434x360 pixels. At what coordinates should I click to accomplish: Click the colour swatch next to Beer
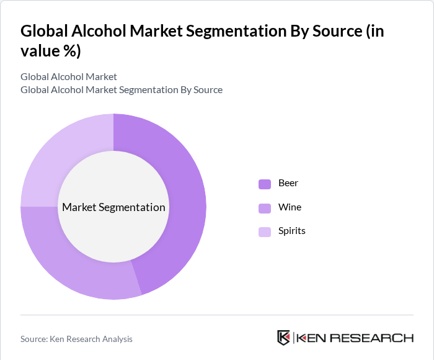tap(265, 184)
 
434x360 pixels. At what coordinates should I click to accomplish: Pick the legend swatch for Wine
tap(265, 208)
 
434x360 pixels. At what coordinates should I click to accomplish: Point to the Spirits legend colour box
tap(265, 232)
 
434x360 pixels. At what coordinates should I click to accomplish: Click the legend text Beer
tap(288, 183)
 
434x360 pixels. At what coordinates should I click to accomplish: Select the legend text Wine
tap(290, 207)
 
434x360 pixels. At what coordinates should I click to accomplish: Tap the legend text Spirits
tap(292, 231)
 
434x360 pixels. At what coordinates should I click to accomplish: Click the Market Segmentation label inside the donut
tap(113, 207)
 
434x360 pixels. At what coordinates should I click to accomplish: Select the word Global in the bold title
tap(43, 32)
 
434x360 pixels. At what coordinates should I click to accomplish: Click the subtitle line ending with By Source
tap(122, 90)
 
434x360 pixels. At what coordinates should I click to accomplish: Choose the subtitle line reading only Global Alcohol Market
tap(69, 77)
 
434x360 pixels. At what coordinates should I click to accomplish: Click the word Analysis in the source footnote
tap(115, 339)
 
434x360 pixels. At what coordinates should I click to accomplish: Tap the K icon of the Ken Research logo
tap(283, 338)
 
